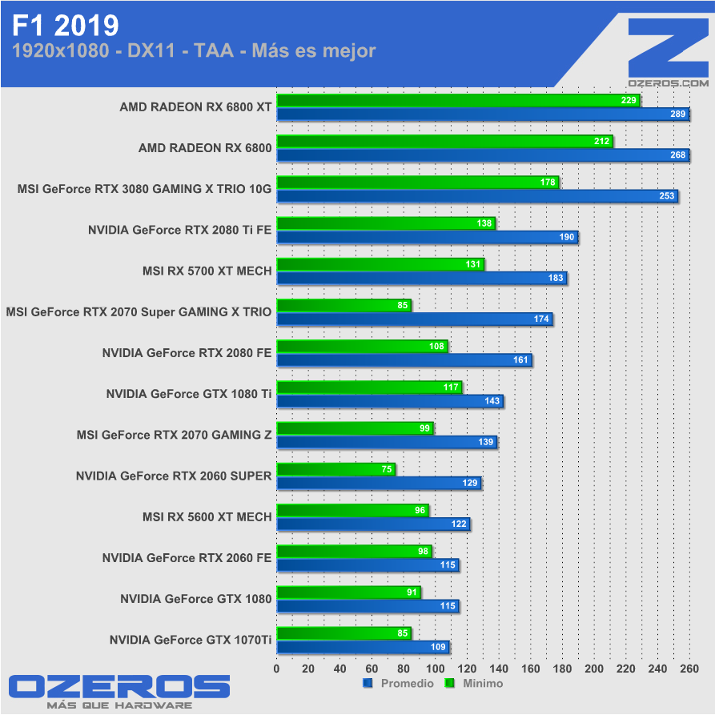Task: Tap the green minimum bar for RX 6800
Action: [444, 142]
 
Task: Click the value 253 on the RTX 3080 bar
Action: [666, 196]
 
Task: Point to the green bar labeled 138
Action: [385, 223]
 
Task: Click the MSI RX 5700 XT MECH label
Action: [207, 271]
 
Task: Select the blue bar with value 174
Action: [414, 319]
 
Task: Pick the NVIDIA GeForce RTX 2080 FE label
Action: [187, 352]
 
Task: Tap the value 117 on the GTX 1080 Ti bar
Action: [451, 388]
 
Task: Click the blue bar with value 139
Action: [386, 442]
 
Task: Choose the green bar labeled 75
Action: [335, 469]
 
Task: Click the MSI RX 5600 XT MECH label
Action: [207, 516]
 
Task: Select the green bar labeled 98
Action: [354, 551]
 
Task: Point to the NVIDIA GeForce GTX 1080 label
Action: [195, 598]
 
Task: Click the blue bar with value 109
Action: [362, 647]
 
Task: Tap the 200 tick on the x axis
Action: [593, 669]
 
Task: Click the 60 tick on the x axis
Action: [372, 669]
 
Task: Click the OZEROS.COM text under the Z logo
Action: [669, 82]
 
